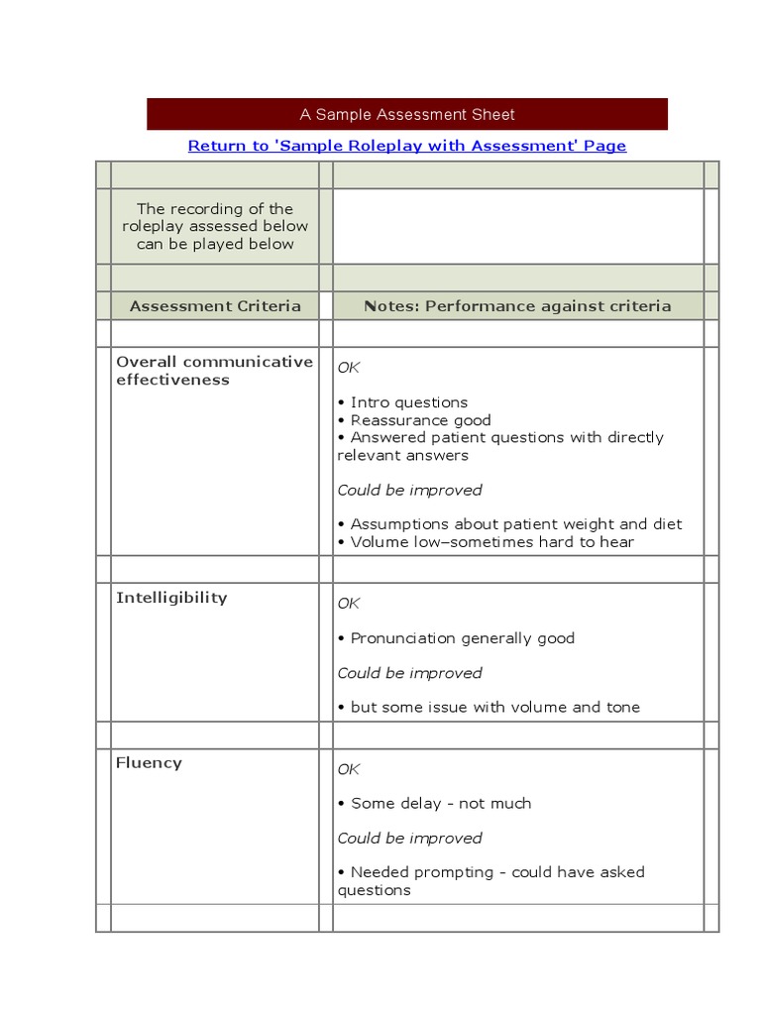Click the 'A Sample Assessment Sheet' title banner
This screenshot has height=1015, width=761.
click(x=407, y=114)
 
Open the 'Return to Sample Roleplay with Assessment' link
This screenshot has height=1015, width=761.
click(x=407, y=146)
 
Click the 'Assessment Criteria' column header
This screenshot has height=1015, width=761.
click(x=215, y=306)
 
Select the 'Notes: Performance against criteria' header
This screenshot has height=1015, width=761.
click(x=517, y=306)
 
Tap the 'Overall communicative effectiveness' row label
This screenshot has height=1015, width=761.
click(x=214, y=371)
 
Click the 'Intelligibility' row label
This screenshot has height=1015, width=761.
click(x=171, y=598)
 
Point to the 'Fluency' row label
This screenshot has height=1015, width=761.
click(x=149, y=763)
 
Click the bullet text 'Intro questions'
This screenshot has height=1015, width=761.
click(x=408, y=402)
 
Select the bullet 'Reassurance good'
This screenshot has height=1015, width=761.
click(x=420, y=420)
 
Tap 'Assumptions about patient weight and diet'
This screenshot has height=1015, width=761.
click(x=515, y=524)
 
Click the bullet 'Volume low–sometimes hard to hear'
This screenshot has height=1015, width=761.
click(x=491, y=542)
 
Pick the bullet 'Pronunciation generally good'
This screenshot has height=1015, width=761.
click(x=462, y=638)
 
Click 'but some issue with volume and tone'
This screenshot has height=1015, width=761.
click(x=494, y=708)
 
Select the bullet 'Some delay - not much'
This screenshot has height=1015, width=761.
click(x=440, y=804)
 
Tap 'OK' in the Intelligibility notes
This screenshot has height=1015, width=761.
click(x=349, y=604)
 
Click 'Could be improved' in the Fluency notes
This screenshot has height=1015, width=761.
click(x=409, y=839)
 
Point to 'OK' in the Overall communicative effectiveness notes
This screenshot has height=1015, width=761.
click(x=349, y=368)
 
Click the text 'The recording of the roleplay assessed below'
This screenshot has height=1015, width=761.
click(x=215, y=217)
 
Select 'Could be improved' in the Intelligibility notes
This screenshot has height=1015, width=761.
click(x=409, y=673)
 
